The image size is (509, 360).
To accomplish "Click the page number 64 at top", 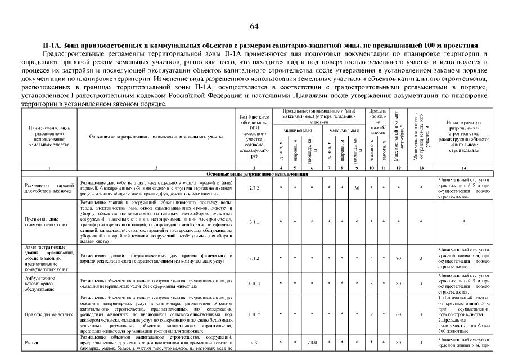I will pyautogui.click(x=254, y=26).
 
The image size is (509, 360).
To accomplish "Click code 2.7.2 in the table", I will pyautogui.click(x=254, y=187).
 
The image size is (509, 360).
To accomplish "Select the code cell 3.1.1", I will pyautogui.click(x=254, y=222).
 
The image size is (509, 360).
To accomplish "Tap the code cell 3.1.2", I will pyautogui.click(x=254, y=258).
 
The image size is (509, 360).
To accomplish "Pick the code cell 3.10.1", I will pyautogui.click(x=254, y=283).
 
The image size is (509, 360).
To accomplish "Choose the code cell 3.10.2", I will pyautogui.click(x=254, y=314).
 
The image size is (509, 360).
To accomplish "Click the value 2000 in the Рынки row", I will pyautogui.click(x=312, y=342).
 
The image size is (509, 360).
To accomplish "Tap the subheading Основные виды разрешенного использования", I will pyautogui.click(x=255, y=174).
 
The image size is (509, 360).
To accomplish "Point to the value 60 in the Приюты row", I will pyautogui.click(x=398, y=314).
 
